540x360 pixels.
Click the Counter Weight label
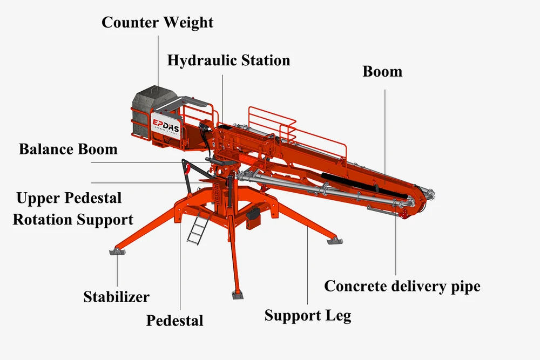(x=157, y=23)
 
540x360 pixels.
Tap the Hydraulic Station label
(x=228, y=60)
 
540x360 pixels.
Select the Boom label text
(x=382, y=72)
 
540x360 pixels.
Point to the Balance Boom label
(x=68, y=150)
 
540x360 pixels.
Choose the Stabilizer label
(x=117, y=297)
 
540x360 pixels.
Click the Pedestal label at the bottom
(x=174, y=321)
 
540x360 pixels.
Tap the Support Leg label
(x=308, y=316)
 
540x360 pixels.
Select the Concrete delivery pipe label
(x=402, y=287)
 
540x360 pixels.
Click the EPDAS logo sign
(x=165, y=125)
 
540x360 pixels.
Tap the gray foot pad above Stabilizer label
(x=117, y=252)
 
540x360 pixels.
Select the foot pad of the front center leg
(x=237, y=295)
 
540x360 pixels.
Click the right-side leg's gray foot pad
(x=335, y=241)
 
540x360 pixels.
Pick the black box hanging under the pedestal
(x=254, y=218)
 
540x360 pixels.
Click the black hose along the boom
(x=365, y=186)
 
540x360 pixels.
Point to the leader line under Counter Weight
(x=158, y=61)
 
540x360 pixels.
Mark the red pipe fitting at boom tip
(x=403, y=215)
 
